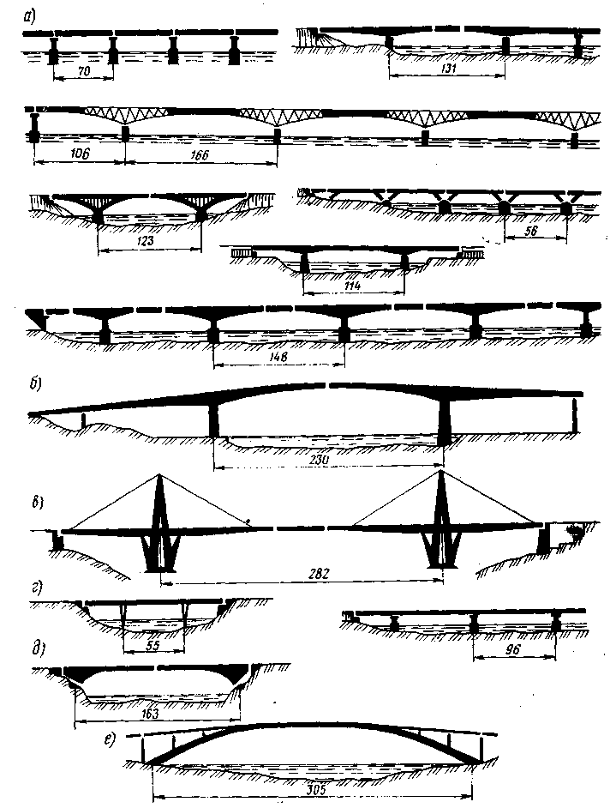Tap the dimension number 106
point(78,155)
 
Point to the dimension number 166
point(194,156)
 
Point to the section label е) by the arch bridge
point(111,737)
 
